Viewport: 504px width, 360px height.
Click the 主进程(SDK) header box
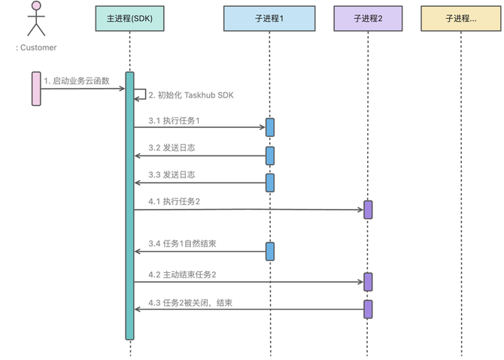pyautogui.click(x=129, y=18)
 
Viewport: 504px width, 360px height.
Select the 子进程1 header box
pyautogui.click(x=269, y=18)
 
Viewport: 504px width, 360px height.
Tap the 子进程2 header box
pyautogui.click(x=368, y=18)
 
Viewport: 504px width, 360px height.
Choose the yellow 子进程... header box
pyautogui.click(x=460, y=18)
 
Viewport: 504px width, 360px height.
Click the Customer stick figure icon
pyautogui.click(x=35, y=20)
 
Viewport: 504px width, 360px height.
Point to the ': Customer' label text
pyautogui.click(x=36, y=47)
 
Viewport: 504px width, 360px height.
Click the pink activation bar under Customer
pyautogui.click(x=35, y=88)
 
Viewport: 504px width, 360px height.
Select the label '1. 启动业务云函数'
pyautogui.click(x=77, y=80)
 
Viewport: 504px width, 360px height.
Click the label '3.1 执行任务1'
pyautogui.click(x=174, y=120)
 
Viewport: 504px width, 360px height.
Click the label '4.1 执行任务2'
pyautogui.click(x=174, y=201)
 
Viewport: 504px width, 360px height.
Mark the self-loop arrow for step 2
pyautogui.click(x=141, y=95)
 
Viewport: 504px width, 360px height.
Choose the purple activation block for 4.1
pyautogui.click(x=368, y=210)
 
